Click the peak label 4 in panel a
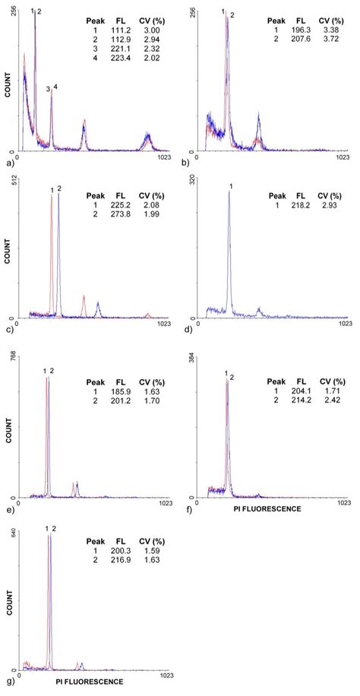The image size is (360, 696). click(55, 87)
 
